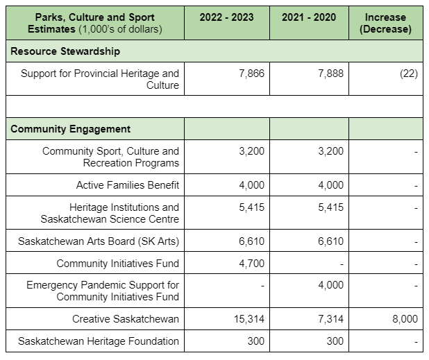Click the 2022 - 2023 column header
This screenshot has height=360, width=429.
click(x=226, y=17)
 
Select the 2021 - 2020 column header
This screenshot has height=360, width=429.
click(x=309, y=17)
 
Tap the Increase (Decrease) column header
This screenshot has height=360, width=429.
click(x=385, y=23)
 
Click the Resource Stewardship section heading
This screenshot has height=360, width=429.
click(x=65, y=51)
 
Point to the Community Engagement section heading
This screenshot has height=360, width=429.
click(x=70, y=129)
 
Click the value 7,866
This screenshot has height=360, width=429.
click(x=252, y=74)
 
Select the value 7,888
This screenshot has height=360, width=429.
click(x=330, y=74)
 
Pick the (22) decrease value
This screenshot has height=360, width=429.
click(x=409, y=74)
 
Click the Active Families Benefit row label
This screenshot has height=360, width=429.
click(x=128, y=185)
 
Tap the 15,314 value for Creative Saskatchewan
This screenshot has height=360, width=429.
click(x=249, y=319)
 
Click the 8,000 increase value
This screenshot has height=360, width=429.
click(x=405, y=319)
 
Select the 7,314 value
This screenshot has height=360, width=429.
click(x=330, y=319)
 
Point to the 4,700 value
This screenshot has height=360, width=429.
click(x=252, y=264)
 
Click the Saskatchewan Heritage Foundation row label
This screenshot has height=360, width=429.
click(x=99, y=341)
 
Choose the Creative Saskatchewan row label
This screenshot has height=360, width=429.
click(x=126, y=319)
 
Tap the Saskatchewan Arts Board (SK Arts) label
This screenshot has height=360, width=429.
click(x=99, y=241)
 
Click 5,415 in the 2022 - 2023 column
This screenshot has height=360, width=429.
click(x=252, y=207)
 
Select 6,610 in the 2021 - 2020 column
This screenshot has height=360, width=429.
click(x=330, y=241)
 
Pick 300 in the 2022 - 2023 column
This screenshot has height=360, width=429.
click(x=256, y=341)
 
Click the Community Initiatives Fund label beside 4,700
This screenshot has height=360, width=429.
click(x=117, y=264)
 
